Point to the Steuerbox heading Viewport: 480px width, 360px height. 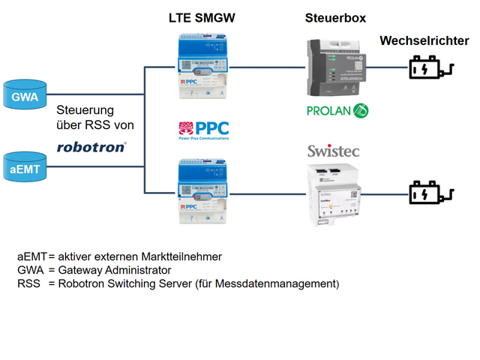click(x=335, y=17)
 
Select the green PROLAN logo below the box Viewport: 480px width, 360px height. click(x=338, y=110)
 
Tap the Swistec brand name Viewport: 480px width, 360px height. click(x=334, y=151)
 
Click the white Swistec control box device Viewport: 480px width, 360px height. click(x=334, y=195)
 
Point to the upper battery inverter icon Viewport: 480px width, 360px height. click(x=427, y=70)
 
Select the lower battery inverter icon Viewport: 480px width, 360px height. click(x=427, y=195)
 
